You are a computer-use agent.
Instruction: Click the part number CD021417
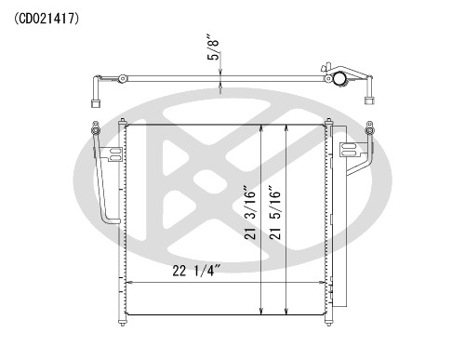coord(46,19)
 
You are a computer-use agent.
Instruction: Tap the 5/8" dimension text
coord(213,49)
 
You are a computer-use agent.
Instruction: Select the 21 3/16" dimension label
coord(250,213)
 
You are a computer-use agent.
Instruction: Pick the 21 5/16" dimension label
coord(275,213)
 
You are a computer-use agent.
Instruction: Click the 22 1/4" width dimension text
coord(196,271)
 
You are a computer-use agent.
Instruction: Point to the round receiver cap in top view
coord(339,78)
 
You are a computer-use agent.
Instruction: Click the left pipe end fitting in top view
coord(96,103)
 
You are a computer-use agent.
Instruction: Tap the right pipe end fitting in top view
coord(369,101)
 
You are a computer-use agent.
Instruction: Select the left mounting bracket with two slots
coord(114,154)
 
